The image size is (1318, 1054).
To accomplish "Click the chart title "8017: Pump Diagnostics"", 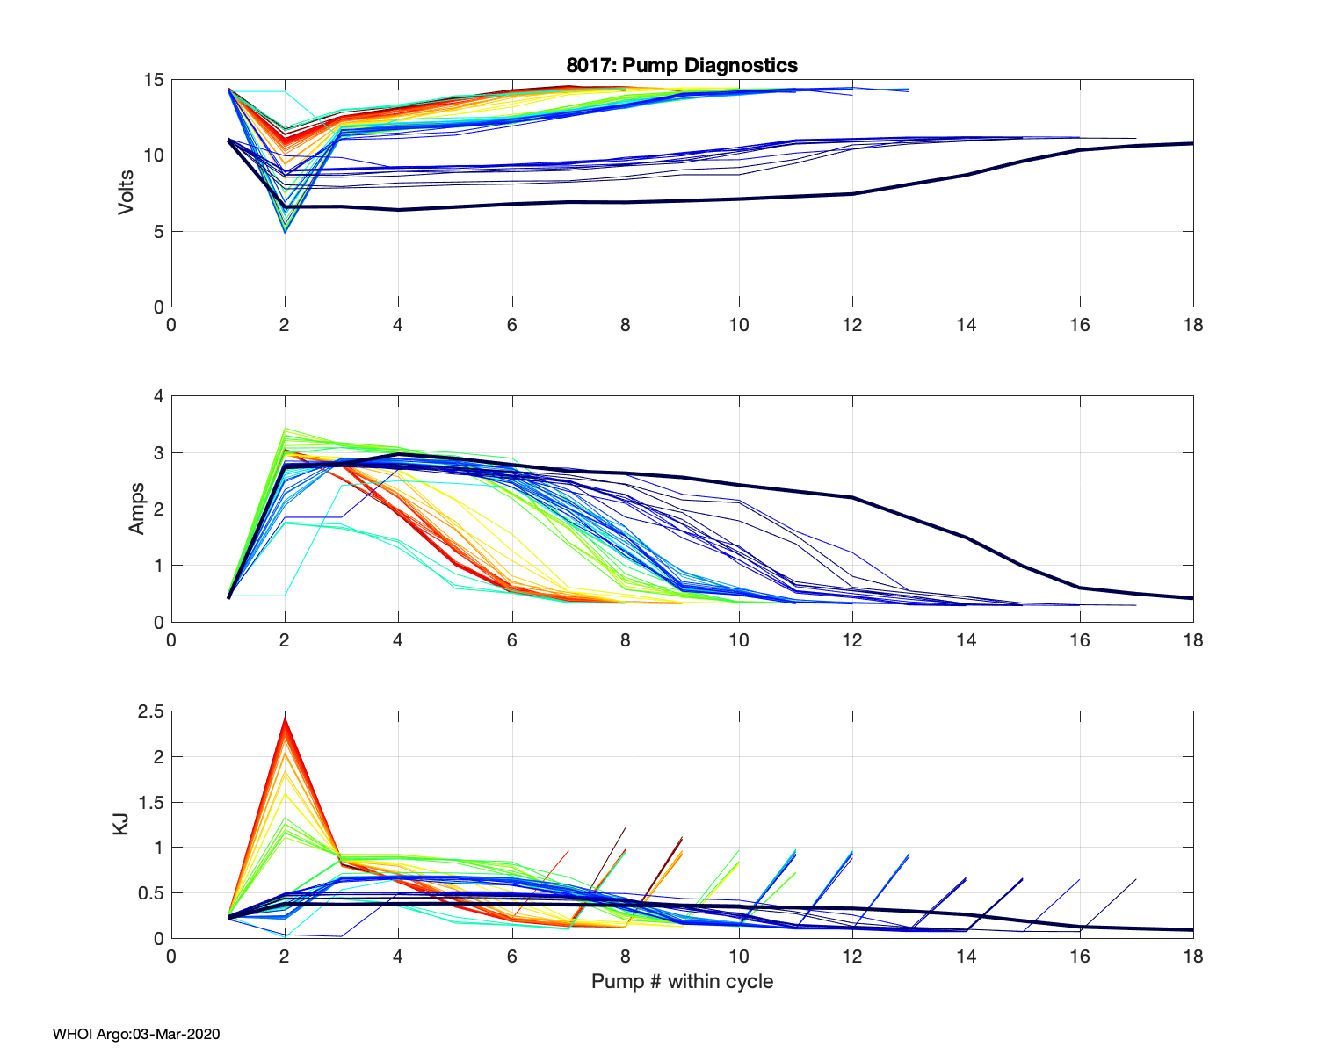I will (682, 65).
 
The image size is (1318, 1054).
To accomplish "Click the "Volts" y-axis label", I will (127, 193).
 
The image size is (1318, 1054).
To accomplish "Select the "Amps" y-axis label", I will (137, 509).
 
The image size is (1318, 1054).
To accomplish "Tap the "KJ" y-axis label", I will (122, 824).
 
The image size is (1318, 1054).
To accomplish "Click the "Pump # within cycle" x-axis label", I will (682, 981).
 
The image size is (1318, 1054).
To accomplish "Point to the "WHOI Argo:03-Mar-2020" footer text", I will (136, 1034).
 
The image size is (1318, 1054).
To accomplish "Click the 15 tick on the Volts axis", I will (154, 80).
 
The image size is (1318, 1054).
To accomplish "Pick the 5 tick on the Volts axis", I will (159, 232).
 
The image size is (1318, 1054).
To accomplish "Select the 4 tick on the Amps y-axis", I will (159, 396).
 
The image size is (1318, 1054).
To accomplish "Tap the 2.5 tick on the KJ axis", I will (150, 711).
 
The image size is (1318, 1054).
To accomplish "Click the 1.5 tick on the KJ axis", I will (150, 802).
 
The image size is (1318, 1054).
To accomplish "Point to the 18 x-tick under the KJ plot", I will (1192, 957).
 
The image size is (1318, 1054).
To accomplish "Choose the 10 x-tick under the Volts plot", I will (739, 325).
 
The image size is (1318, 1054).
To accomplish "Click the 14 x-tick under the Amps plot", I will (966, 640).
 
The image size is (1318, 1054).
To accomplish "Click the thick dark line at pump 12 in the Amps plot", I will (852, 497).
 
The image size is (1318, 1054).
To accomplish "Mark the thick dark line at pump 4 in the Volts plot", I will (398, 209).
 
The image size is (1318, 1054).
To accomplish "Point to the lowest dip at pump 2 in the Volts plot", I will (285, 231).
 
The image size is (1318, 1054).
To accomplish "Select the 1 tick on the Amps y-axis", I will (159, 566).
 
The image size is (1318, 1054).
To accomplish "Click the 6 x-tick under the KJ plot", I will (511, 957).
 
